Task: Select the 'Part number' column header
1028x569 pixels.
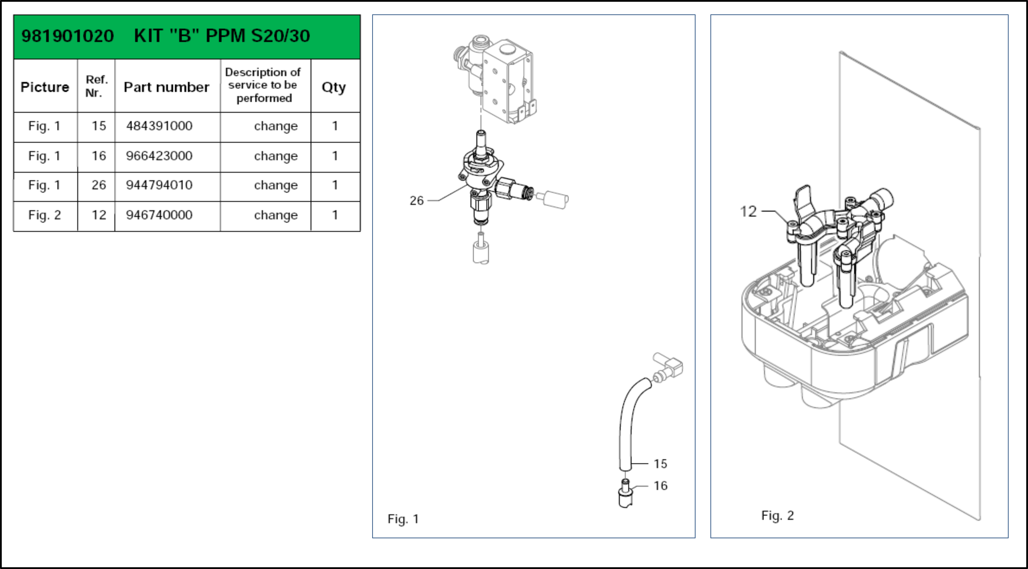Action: coord(166,87)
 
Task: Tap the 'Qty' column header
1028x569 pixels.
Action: coord(334,87)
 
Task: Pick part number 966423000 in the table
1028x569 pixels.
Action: coord(159,156)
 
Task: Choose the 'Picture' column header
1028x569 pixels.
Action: coord(45,87)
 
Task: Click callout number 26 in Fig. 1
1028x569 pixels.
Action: coord(416,200)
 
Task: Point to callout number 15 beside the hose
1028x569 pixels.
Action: coord(660,464)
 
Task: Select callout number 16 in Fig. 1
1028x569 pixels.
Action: coord(660,485)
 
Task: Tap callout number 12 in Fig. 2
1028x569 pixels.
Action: coord(748,211)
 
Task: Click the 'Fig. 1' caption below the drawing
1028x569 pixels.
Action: coord(403,519)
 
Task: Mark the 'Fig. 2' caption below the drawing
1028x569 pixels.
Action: coord(777,515)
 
